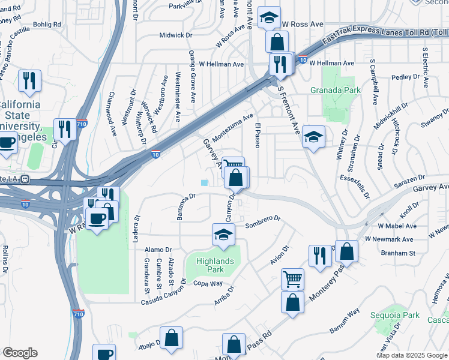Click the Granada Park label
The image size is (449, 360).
tap(336, 91)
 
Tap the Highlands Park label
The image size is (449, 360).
tap(215, 265)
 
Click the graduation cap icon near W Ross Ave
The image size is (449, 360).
tap(270, 17)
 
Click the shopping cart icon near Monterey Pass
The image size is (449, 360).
tap(292, 279)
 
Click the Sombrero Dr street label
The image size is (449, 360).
tap(263, 226)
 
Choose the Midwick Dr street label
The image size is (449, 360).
tap(175, 35)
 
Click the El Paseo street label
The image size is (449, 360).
tap(257, 136)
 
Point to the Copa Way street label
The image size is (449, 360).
tap(208, 283)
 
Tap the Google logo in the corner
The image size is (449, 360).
tap(20, 353)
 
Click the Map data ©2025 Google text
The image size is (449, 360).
tap(411, 355)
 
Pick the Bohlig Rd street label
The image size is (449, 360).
tap(47, 25)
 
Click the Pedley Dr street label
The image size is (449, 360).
tap(406, 77)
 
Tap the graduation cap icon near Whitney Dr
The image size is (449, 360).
tap(313, 137)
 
